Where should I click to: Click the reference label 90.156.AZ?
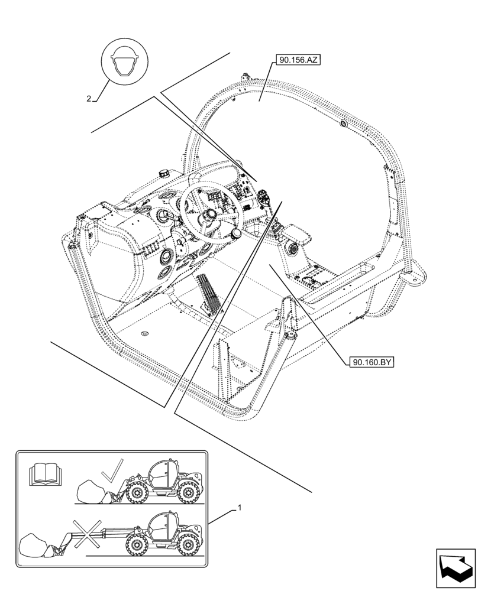point(297,60)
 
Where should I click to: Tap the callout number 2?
point(89,99)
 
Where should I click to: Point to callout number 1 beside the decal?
point(239,508)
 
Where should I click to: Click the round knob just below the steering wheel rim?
point(237,235)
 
